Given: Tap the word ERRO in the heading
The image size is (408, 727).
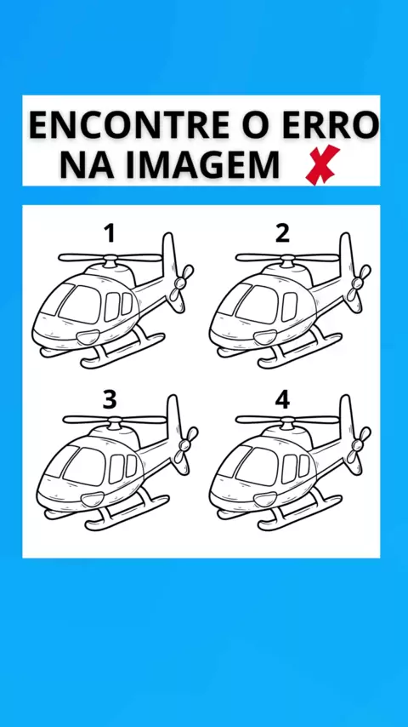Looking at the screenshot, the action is [x=331, y=126].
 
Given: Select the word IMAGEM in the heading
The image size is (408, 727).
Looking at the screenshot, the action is [x=203, y=164].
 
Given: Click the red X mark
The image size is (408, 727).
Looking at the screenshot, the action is [x=322, y=164].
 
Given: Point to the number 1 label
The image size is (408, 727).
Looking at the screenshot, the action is [x=110, y=233].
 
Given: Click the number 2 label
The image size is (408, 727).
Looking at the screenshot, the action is [x=282, y=233].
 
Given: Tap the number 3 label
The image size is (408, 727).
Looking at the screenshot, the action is [x=110, y=399].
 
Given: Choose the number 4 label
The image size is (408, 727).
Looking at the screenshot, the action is [x=282, y=399].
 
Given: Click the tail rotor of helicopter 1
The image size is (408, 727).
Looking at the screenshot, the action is [x=180, y=283].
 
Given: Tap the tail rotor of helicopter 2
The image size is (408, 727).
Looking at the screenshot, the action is [x=358, y=283].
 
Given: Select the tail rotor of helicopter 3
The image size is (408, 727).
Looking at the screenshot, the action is [x=185, y=445].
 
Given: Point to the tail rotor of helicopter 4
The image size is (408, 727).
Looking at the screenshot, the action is [x=358, y=445].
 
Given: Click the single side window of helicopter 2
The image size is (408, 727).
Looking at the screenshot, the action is [x=290, y=306].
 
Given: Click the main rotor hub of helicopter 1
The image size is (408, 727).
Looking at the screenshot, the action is [x=110, y=260].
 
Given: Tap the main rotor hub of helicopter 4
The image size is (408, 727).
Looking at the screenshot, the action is [x=288, y=422].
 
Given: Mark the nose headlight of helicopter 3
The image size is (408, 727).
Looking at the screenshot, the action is [x=92, y=499].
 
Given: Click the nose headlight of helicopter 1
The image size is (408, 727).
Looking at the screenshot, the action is [x=88, y=337].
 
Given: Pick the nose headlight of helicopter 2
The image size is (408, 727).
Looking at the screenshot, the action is [x=265, y=337].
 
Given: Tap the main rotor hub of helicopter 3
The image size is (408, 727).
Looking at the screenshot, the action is [x=115, y=422].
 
